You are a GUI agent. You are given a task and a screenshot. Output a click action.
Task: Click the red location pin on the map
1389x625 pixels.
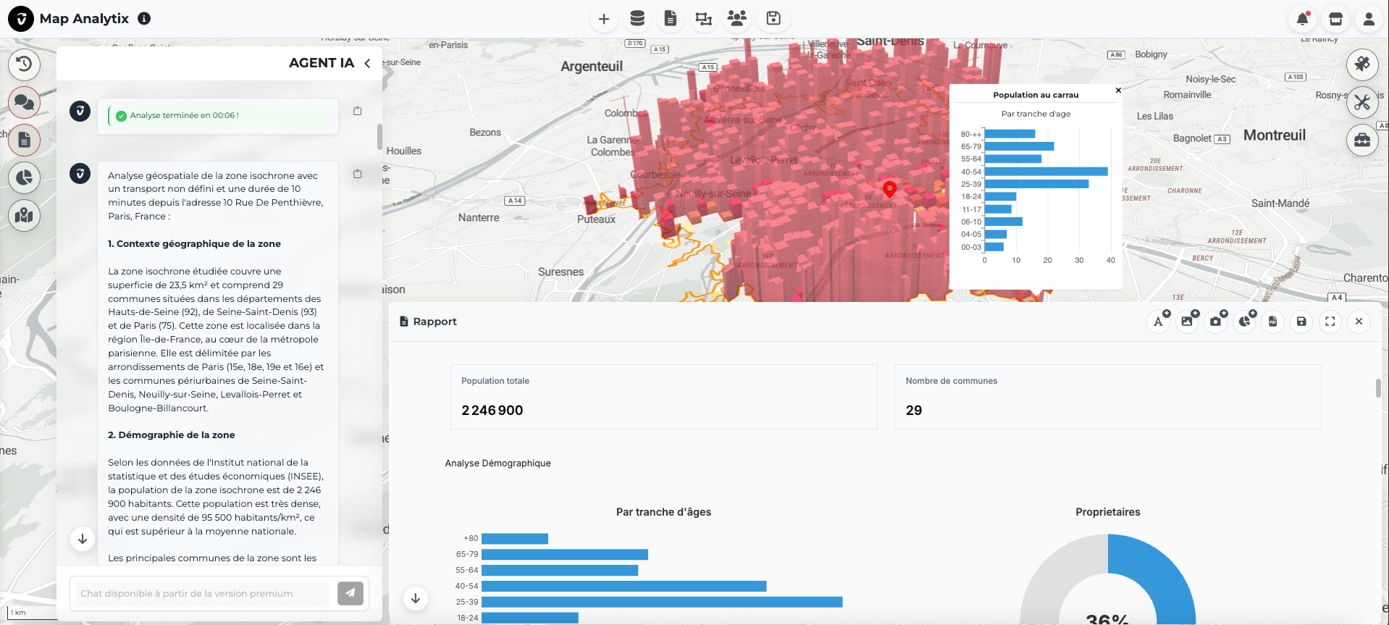pyautogui.click(x=889, y=188)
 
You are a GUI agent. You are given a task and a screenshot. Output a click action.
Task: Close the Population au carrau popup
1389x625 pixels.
pyautogui.click(x=1118, y=91)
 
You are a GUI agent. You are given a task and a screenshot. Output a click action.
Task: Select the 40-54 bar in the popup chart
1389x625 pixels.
pyautogui.click(x=1045, y=172)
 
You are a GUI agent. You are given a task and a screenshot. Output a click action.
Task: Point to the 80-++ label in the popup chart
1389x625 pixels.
pyautogui.click(x=970, y=134)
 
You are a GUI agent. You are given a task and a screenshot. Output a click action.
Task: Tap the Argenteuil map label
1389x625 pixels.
pyautogui.click(x=591, y=67)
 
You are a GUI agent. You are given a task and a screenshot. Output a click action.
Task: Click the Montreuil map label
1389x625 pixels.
pyautogui.click(x=1274, y=135)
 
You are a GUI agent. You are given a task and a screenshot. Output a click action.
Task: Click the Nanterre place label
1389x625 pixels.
pyautogui.click(x=478, y=217)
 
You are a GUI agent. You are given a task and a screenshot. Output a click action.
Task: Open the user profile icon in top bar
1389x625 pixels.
pyautogui.click(x=1368, y=19)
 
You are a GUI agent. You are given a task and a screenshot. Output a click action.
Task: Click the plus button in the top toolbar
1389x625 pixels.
pyautogui.click(x=603, y=19)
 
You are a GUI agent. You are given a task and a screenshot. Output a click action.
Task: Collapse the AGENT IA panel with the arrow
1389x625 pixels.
pyautogui.click(x=367, y=63)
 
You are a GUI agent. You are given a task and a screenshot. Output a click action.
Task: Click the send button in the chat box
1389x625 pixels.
pyautogui.click(x=350, y=593)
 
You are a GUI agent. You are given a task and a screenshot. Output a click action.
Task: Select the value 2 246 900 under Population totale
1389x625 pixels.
pyautogui.click(x=492, y=411)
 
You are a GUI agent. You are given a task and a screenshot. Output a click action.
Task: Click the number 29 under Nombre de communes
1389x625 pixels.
pyautogui.click(x=913, y=411)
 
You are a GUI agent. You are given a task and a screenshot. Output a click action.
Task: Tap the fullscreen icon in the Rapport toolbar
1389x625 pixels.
pyautogui.click(x=1330, y=322)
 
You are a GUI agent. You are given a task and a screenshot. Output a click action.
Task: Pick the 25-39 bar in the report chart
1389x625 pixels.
pyautogui.click(x=661, y=602)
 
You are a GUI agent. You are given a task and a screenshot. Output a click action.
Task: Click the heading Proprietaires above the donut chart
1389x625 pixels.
pyautogui.click(x=1107, y=512)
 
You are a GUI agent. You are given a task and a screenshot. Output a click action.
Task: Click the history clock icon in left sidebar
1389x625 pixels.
pyautogui.click(x=24, y=64)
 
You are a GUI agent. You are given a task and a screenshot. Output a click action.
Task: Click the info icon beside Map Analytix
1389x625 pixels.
pyautogui.click(x=144, y=19)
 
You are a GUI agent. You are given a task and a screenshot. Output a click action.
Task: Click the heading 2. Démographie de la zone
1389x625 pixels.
pyautogui.click(x=171, y=435)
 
